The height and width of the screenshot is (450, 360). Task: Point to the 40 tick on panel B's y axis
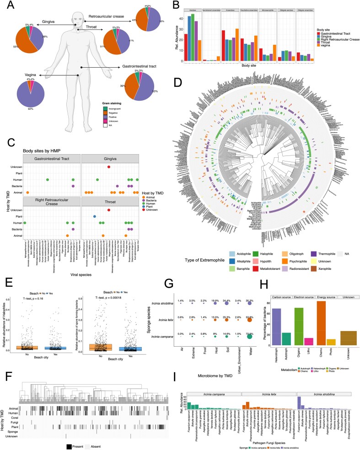click(180, 19)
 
